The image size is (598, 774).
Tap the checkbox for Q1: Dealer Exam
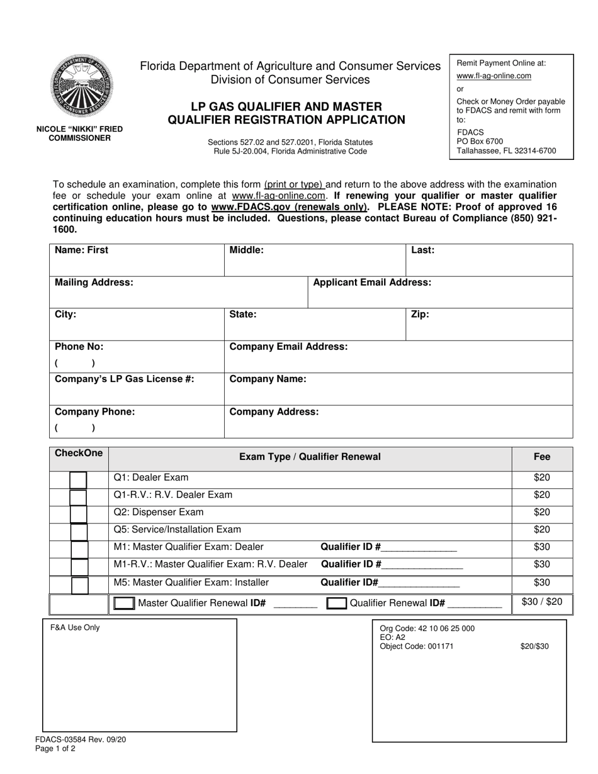[x=79, y=480]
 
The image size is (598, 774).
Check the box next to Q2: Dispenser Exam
[x=79, y=514]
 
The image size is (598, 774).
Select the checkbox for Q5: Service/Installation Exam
[x=79, y=532]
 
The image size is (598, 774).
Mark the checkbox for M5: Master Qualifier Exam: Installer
[x=79, y=585]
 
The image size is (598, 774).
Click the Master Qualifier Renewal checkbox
[x=124, y=603]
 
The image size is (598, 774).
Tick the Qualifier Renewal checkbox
[x=337, y=603]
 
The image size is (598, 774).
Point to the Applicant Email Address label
[x=372, y=283]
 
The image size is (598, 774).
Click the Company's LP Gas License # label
[x=125, y=379]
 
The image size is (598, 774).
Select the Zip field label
[x=420, y=315]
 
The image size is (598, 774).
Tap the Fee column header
[x=541, y=457]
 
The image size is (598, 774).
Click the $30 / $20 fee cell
[x=542, y=602]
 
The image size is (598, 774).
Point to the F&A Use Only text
[x=75, y=627]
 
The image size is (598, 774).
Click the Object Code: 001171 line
[x=417, y=646]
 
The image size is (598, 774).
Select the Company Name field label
[x=268, y=379]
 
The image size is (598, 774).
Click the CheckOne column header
[x=79, y=453]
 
